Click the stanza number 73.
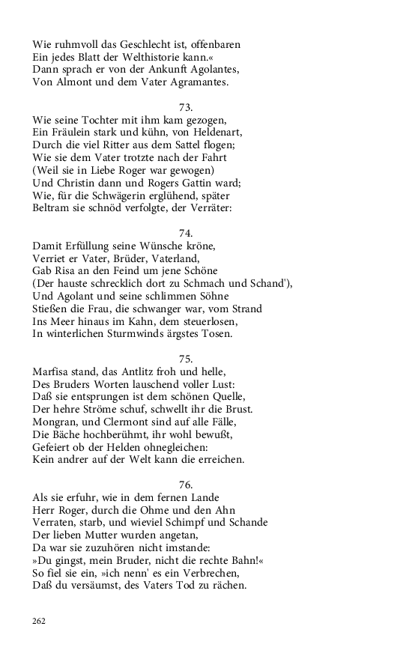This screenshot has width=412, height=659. pos(187,107)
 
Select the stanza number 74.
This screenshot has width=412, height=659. pos(187,233)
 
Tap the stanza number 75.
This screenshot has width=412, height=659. pos(187,359)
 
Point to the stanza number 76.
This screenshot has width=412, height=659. pos(187,485)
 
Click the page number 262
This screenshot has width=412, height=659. pos(39,621)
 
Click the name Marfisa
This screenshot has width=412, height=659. pos(56,371)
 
